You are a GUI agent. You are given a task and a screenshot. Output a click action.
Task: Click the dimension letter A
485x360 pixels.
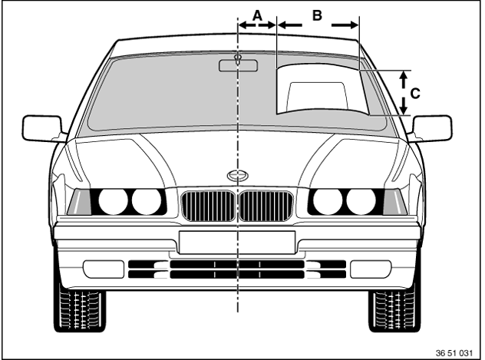(x=258, y=15)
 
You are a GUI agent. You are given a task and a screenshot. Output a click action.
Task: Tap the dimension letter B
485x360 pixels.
(x=317, y=15)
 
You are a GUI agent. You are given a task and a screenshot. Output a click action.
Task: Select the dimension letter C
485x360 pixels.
(x=415, y=94)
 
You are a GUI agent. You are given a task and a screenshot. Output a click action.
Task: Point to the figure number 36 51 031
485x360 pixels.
(x=454, y=353)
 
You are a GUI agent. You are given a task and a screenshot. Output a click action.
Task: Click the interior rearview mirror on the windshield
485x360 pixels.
(x=238, y=65)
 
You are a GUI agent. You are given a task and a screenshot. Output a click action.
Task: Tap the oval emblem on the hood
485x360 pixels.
(x=238, y=176)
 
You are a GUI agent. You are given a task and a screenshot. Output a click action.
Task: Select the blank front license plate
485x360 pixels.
(x=237, y=243)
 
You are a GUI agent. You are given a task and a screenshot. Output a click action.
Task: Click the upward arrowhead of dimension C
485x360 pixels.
(x=403, y=78)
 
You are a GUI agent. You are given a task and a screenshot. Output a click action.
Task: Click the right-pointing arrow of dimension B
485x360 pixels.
(x=345, y=25)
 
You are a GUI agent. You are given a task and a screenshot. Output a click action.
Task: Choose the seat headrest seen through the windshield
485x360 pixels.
(x=318, y=95)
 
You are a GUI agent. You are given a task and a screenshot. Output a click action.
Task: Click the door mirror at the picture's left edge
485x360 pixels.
(x=42, y=128)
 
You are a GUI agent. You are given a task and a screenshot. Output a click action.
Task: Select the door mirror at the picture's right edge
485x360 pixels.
(x=432, y=128)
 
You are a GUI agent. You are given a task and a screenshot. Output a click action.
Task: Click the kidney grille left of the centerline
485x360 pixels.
(x=208, y=206)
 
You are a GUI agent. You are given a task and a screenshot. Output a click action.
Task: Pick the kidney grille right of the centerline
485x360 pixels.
(x=266, y=206)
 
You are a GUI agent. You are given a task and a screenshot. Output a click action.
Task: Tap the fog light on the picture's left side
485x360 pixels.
(x=104, y=269)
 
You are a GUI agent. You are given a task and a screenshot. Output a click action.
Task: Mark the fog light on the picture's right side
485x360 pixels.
(x=371, y=269)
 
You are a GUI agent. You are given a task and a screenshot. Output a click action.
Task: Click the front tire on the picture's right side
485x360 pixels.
(x=394, y=310)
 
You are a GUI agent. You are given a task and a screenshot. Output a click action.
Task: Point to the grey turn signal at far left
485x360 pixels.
(x=79, y=203)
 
